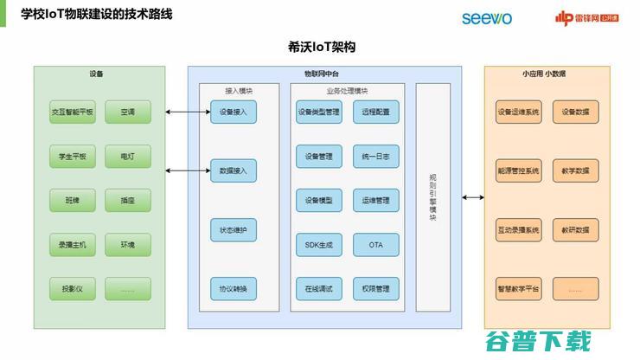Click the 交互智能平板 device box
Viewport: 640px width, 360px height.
73,112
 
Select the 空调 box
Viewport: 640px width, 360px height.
128,112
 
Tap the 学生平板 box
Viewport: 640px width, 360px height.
73,157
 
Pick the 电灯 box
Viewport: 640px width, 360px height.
128,157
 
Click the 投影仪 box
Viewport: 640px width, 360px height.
73,288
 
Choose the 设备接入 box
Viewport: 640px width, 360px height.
234,112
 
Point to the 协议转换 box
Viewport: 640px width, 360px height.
234,288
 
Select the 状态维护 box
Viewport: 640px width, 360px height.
234,230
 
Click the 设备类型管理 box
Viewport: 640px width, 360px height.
319,112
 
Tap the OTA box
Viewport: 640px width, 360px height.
376,245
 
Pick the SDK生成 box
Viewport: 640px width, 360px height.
319,245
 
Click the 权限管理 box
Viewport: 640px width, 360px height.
376,288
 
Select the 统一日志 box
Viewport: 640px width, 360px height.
376,157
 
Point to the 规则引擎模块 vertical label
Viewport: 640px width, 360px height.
433,197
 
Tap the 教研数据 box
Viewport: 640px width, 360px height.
575,230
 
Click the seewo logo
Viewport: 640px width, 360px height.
487,17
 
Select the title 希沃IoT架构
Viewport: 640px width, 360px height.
321,47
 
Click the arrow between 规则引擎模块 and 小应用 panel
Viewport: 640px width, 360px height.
472,197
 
